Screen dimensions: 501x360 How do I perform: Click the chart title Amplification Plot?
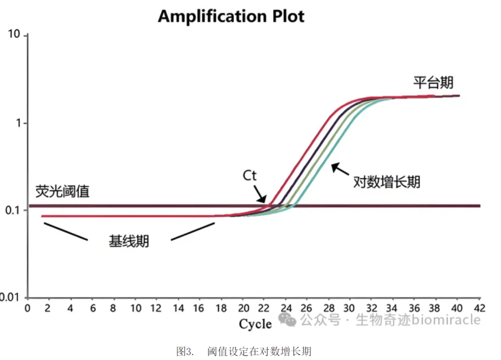click(x=231, y=16)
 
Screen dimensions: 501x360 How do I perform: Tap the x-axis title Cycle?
click(x=255, y=324)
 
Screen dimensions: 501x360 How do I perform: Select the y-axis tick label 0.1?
click(x=12, y=210)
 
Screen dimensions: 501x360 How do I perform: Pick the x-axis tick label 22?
click(x=264, y=308)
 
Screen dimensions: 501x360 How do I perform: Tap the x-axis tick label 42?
click(x=479, y=308)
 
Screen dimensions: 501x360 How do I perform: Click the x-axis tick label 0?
click(x=27, y=308)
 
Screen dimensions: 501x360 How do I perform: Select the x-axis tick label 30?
click(x=349, y=308)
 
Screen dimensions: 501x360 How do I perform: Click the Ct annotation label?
click(x=250, y=176)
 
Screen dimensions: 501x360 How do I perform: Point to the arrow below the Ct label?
click(x=260, y=194)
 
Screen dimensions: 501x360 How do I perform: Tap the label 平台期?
click(x=433, y=82)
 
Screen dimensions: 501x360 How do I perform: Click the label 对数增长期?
click(x=387, y=182)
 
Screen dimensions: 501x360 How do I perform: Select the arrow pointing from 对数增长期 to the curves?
click(x=340, y=169)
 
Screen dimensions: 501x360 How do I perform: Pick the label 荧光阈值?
click(x=62, y=191)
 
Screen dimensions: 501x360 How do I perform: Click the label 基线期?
click(x=129, y=241)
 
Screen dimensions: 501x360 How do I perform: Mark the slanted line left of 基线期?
click(x=66, y=231)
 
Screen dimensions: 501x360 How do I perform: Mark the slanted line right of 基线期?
click(x=193, y=231)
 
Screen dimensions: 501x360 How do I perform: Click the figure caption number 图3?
click(x=185, y=351)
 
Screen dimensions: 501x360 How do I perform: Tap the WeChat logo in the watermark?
click(x=287, y=319)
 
